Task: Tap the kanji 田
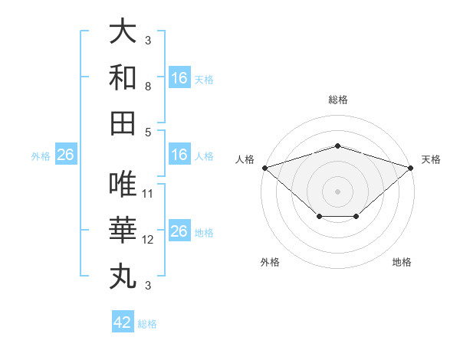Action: point(123,123)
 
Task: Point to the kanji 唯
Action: point(123,184)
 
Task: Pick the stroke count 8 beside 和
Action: point(148,87)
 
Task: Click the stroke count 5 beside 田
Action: point(148,132)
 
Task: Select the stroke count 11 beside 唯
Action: point(148,193)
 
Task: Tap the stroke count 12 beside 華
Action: point(148,240)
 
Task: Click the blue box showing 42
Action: point(123,322)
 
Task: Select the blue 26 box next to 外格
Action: point(65,155)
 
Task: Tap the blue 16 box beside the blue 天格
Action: point(179,78)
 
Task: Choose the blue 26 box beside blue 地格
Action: point(179,231)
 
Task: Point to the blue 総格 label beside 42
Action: point(147,324)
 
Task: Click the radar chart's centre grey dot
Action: point(337,190)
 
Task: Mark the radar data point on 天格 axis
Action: point(411,167)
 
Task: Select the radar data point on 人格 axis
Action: point(264,167)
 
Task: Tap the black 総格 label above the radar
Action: point(337,100)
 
